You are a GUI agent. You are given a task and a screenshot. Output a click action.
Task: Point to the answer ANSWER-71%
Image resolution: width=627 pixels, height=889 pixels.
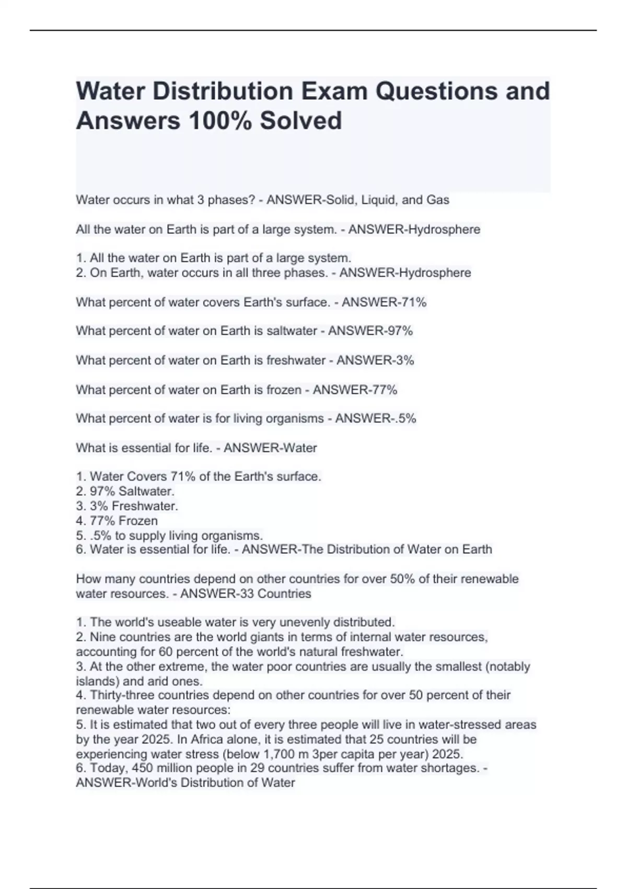384,302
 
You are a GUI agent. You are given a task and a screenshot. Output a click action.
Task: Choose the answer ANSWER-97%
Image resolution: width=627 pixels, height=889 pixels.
370,331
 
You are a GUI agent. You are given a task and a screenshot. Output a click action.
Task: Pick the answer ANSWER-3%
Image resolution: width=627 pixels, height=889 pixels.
375,360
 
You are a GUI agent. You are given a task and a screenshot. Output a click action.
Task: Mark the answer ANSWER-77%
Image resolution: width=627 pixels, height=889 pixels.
355,390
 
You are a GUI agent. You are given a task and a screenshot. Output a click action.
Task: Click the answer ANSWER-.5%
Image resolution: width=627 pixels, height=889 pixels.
376,418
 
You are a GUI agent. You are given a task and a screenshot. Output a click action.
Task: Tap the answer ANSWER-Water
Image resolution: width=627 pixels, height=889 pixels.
270,448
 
